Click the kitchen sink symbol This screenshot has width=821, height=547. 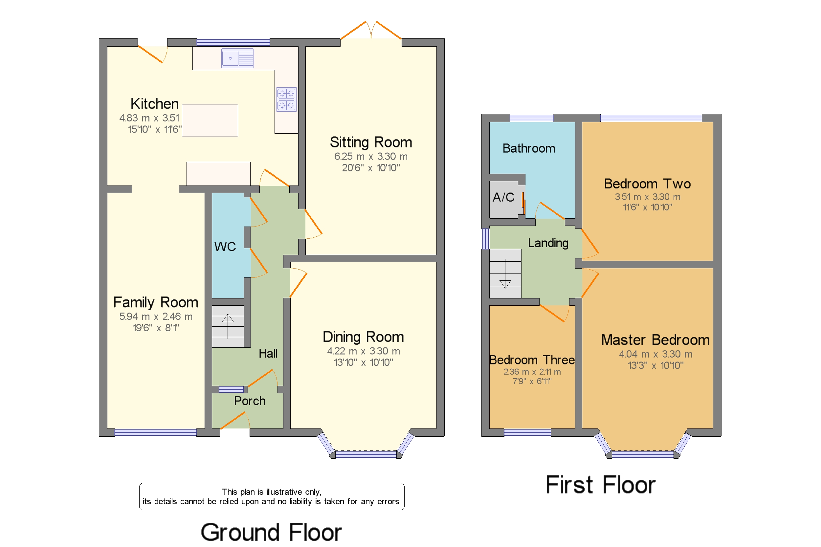pos(237,58)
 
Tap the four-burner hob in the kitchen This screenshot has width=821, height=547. pos(286,99)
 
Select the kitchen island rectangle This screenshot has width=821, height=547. pos(210,120)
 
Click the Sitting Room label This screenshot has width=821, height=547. pos(370,142)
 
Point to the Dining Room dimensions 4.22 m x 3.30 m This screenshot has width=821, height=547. pos(363,351)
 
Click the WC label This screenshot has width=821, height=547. pos(225,247)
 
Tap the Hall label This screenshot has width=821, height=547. pos(268,353)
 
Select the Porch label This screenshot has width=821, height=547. pos(250,401)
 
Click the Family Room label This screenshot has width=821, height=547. pos(156,302)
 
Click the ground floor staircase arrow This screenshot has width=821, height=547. pos(228,326)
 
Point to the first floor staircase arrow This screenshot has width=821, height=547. pos(505,273)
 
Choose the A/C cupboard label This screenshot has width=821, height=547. pos(503,197)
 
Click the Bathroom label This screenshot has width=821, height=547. pos(529,149)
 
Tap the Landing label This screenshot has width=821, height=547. pos(548,243)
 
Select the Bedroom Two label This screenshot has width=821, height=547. pos(647,184)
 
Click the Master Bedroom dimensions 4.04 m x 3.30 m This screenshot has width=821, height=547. pos(655,354)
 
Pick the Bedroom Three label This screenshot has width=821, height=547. pos(532,360)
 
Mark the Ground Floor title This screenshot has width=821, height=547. pos(271,532)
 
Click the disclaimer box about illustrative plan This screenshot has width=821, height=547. pos(272,496)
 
